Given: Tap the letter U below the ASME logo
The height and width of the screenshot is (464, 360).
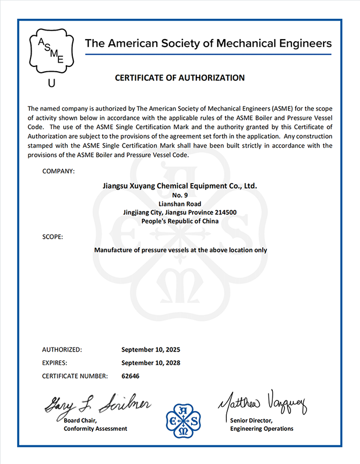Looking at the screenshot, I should [51, 83].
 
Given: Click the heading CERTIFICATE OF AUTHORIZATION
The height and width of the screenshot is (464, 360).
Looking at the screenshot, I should [180, 78].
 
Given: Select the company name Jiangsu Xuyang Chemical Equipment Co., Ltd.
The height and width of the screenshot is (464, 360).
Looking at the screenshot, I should [180, 186].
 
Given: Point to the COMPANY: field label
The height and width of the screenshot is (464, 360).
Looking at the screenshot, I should [58, 171].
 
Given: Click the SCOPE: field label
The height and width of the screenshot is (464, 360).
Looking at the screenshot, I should [52, 236].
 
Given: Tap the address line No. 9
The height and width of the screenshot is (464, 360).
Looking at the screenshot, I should [180, 195].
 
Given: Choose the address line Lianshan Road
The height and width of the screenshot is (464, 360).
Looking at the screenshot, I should [180, 204].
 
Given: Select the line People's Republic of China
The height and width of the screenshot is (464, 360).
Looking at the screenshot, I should [180, 221].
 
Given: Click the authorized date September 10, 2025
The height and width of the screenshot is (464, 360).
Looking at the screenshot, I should [151, 349].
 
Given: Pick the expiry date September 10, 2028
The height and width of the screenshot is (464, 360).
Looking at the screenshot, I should [151, 362].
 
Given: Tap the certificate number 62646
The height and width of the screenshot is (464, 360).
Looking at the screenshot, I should [131, 376].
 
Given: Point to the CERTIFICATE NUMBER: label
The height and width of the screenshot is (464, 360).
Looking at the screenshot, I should [75, 376].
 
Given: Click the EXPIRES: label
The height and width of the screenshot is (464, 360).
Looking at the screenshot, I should [56, 362].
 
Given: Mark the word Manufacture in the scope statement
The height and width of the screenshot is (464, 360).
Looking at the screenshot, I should [113, 250].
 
